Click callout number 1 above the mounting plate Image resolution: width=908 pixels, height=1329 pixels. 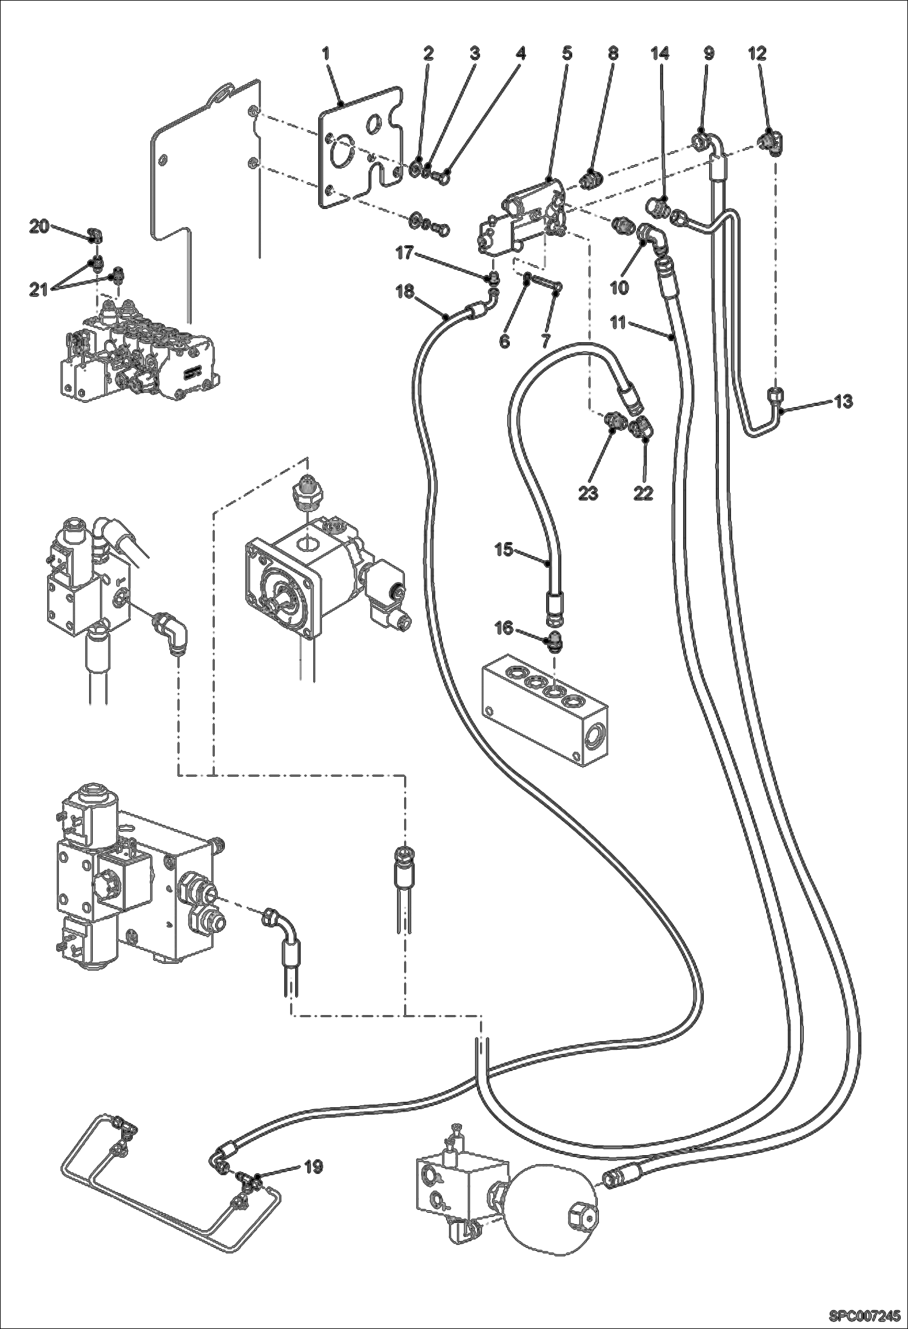[x=325, y=53]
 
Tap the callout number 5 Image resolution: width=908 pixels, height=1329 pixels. [x=566, y=53]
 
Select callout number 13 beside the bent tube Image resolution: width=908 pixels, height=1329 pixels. [x=843, y=401]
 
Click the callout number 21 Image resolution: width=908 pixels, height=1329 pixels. [x=38, y=291]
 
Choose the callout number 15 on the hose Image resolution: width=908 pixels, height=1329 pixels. [x=504, y=550]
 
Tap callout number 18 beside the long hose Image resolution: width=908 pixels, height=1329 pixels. [x=404, y=291]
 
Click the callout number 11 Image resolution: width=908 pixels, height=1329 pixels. [x=618, y=323]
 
